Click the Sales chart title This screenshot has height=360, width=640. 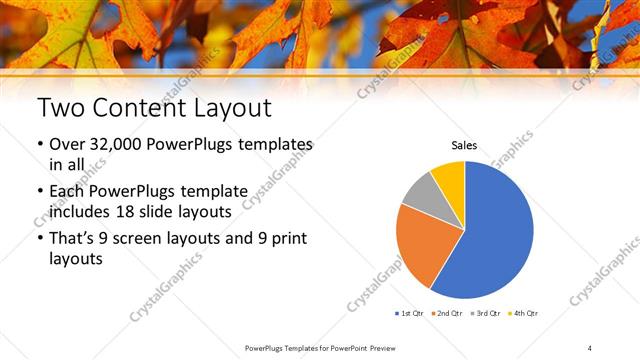click(464, 146)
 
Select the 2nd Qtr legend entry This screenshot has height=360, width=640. click(449, 313)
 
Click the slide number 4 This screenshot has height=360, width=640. click(590, 347)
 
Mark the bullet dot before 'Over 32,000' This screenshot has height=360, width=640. click(39, 146)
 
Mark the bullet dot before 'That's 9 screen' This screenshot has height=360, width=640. click(39, 239)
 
